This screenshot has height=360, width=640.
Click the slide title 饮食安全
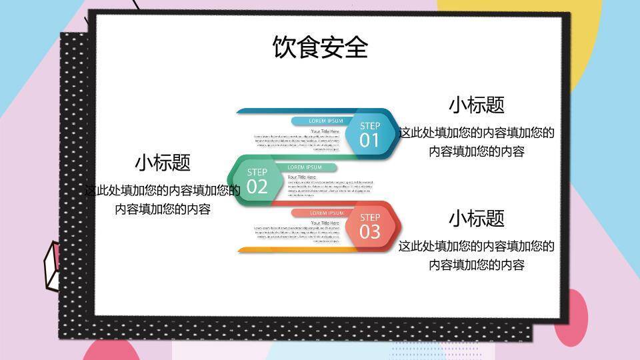pyautogui.click(x=320, y=47)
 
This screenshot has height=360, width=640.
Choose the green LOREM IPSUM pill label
pyautogui.click(x=305, y=167)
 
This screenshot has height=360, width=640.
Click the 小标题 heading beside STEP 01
pyautogui.click(x=476, y=105)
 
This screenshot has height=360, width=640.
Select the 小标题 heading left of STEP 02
pyautogui.click(x=163, y=162)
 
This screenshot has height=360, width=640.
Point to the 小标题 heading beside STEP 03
pyautogui.click(x=476, y=218)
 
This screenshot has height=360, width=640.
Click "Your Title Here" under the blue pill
pyautogui.click(x=325, y=131)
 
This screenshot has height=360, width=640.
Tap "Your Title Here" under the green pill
pyautogui.click(x=302, y=177)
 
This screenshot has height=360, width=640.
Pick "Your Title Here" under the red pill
pyautogui.click(x=325, y=223)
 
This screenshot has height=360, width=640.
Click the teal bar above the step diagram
pyautogui.click(x=293, y=111)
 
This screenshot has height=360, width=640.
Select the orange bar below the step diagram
pyautogui.click(x=293, y=250)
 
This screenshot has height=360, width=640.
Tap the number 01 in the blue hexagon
pyautogui.click(x=369, y=140)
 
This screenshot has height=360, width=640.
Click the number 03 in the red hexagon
pyautogui.click(x=369, y=231)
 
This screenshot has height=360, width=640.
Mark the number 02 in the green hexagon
pyautogui.click(x=257, y=187)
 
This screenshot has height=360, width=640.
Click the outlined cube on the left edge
pyautogui.click(x=52, y=267)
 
